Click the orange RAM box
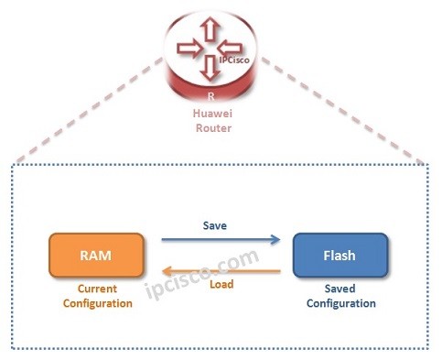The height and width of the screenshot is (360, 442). coord(97,255)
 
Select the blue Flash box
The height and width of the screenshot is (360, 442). coord(339,256)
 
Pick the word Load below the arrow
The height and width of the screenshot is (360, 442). coord(221,285)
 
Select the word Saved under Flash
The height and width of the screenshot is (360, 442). coord(339,289)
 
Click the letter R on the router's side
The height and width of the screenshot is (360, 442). coord(211,94)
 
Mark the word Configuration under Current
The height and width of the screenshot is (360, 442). coord(97,303)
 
